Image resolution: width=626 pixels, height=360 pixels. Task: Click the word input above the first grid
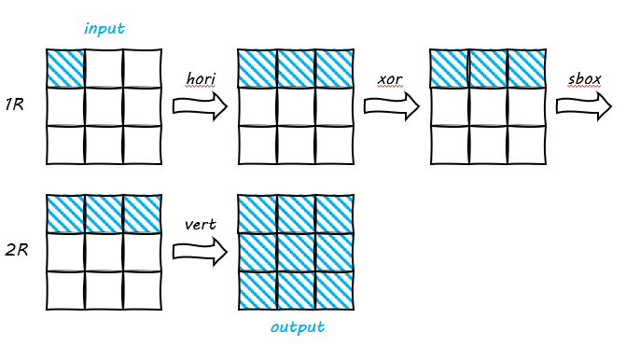click(104, 29)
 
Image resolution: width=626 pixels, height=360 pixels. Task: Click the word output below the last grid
click(298, 328)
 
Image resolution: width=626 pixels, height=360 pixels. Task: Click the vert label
click(201, 225)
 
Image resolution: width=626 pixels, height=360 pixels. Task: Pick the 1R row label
click(14, 105)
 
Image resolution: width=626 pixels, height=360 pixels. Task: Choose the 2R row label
click(16, 251)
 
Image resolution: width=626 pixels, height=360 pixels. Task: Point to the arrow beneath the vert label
click(200, 251)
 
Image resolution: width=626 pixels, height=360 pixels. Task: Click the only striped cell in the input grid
click(65, 68)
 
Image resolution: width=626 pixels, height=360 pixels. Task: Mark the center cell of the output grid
click(296, 252)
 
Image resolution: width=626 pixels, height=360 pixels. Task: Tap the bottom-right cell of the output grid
click(334, 290)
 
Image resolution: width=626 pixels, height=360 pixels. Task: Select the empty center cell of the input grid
click(104, 106)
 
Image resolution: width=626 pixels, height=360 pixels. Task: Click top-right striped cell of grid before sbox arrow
click(526, 68)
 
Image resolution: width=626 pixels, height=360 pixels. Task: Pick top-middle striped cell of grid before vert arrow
click(104, 214)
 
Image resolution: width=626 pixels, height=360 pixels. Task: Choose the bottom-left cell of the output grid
click(257, 290)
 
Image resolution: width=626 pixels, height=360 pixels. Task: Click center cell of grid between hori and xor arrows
click(296, 106)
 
